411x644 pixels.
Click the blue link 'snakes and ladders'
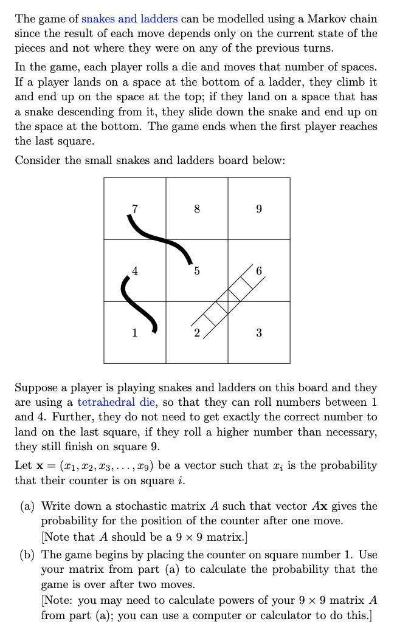click(x=130, y=19)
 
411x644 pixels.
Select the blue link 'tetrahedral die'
click(x=113, y=402)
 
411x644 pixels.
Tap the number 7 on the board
click(x=135, y=208)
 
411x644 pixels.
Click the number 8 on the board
click(x=197, y=209)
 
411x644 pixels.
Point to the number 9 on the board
click(x=259, y=209)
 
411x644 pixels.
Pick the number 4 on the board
click(x=135, y=270)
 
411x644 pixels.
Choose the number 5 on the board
click(x=197, y=272)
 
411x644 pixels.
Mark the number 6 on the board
click(x=259, y=271)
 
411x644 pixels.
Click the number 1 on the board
click(x=135, y=333)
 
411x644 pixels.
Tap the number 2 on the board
click(x=196, y=333)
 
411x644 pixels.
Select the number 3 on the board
click(x=259, y=333)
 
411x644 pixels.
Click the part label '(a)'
click(x=30, y=506)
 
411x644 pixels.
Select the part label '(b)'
click(x=30, y=555)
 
